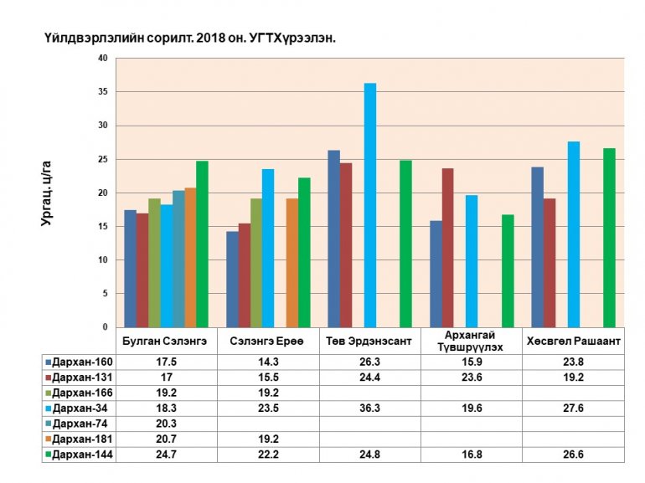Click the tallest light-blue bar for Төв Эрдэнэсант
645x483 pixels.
370,205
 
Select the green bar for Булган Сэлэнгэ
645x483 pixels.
202,244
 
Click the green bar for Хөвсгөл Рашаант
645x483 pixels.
609,238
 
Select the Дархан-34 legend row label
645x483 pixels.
82,407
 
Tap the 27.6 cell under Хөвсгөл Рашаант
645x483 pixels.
573,407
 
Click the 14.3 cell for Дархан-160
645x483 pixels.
268,362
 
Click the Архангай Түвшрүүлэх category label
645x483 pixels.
472,342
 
